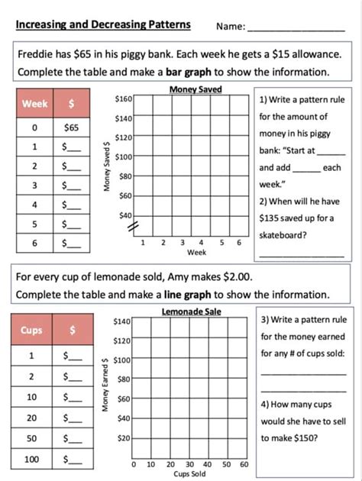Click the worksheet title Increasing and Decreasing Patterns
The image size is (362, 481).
click(103, 24)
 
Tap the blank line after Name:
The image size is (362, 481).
click(296, 27)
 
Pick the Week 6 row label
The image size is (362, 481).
click(35, 244)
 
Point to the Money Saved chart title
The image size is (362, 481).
click(196, 90)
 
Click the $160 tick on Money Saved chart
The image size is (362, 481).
click(123, 99)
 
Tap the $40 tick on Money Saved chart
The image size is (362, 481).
click(125, 215)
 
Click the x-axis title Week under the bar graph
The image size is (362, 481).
click(196, 252)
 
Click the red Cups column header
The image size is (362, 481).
click(31, 331)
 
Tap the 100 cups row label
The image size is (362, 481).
click(31, 460)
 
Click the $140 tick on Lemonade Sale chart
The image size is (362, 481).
click(123, 322)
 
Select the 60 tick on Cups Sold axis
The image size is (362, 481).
click(244, 464)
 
